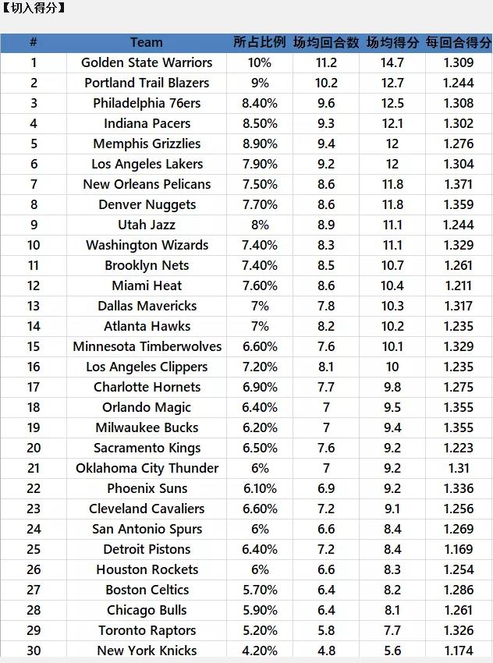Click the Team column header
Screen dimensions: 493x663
(x=147, y=42)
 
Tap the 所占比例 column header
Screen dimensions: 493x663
(x=260, y=42)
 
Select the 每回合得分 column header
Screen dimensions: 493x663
(x=459, y=42)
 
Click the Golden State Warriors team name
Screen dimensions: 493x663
(x=147, y=62)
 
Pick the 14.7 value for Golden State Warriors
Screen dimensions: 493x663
(x=392, y=62)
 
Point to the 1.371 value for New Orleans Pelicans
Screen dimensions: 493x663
(x=459, y=184)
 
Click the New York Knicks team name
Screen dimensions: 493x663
(x=147, y=651)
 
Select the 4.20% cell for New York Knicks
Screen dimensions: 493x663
(x=260, y=651)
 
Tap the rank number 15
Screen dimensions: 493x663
(x=34, y=347)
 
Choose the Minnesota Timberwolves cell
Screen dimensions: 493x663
(x=147, y=347)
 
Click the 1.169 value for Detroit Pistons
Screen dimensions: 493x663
(x=459, y=549)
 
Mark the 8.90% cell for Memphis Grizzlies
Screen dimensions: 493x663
(x=260, y=144)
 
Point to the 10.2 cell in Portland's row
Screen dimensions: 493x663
(x=326, y=83)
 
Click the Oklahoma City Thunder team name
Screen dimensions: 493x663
(x=147, y=468)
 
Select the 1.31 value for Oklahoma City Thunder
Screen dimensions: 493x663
(x=459, y=468)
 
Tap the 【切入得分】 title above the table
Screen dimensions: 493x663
(x=33, y=8)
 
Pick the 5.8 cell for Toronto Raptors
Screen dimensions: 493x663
(x=326, y=630)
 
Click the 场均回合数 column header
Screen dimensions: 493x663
(x=326, y=42)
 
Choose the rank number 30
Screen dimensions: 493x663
(x=34, y=651)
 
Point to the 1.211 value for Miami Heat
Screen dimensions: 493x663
(x=459, y=285)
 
